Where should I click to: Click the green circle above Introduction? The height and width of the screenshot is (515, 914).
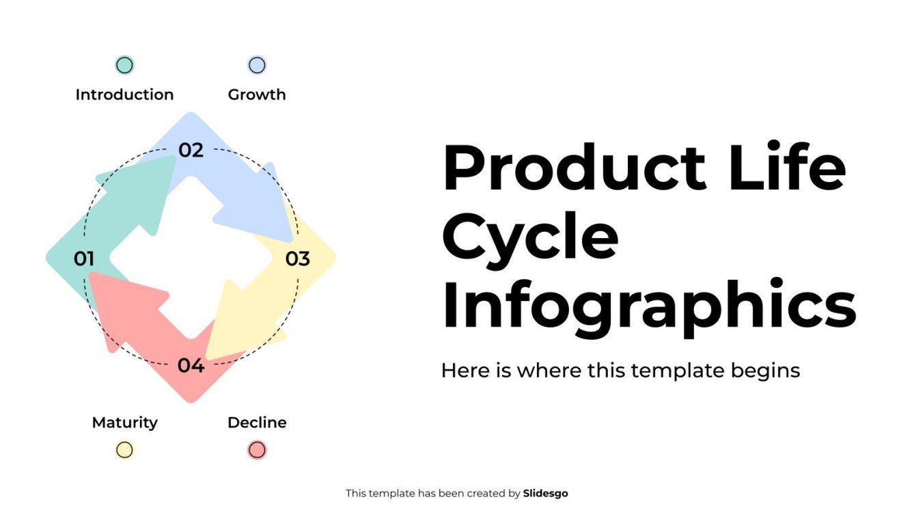(x=124, y=65)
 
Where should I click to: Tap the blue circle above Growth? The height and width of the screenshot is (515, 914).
(x=257, y=65)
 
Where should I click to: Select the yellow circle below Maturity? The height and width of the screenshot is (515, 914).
(x=124, y=449)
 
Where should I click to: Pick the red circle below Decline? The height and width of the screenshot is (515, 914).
(x=257, y=449)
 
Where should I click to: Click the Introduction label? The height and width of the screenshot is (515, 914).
(x=124, y=94)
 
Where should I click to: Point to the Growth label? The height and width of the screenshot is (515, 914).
(x=257, y=94)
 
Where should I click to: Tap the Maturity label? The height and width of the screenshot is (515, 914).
(x=124, y=423)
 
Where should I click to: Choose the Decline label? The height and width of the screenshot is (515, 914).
(x=257, y=423)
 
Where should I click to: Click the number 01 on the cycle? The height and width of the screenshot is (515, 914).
(x=83, y=259)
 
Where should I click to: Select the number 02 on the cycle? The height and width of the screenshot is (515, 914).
(x=191, y=150)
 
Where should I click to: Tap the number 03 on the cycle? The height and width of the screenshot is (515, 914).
(x=298, y=259)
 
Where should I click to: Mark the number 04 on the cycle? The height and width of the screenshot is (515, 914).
(x=191, y=366)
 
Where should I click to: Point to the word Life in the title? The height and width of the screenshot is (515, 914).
(x=787, y=168)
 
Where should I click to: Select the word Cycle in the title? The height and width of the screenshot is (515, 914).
(x=530, y=237)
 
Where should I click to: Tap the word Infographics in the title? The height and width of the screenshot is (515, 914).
(x=648, y=305)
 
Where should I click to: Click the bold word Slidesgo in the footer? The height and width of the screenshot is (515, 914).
(x=545, y=493)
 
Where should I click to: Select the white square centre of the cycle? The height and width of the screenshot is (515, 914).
(x=191, y=259)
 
